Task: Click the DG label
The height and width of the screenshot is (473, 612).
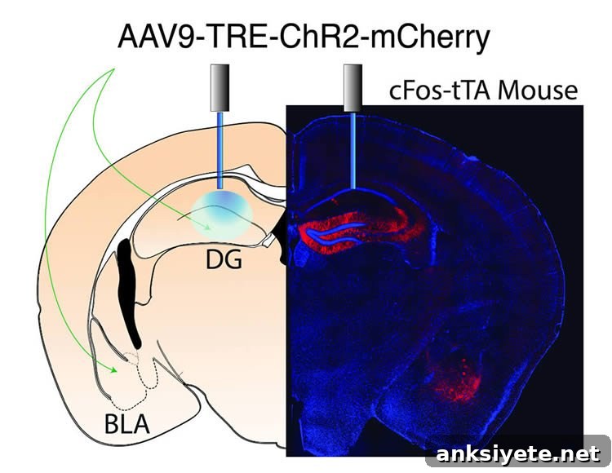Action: [x=224, y=259]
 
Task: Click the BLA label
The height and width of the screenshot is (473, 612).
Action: [x=126, y=424]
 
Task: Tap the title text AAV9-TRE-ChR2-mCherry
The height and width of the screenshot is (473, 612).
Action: [x=304, y=38]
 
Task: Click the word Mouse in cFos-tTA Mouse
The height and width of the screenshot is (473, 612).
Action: [x=538, y=91]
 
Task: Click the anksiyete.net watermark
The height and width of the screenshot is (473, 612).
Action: [x=517, y=453]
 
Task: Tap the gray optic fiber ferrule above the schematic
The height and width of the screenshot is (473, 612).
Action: [x=220, y=88]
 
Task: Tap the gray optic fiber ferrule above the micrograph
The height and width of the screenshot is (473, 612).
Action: [x=353, y=88]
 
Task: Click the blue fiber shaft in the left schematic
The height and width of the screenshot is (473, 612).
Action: [x=220, y=151]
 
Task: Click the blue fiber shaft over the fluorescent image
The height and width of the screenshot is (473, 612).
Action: [x=353, y=151]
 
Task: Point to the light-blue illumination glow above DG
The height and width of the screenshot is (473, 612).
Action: [x=223, y=214]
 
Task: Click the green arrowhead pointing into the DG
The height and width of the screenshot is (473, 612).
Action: [x=207, y=226]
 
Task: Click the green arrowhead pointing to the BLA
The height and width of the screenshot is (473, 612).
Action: [x=113, y=369]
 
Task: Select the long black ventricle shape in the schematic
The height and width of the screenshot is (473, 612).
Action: [x=129, y=293]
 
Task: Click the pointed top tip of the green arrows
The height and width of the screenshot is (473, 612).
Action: [x=114, y=69]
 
